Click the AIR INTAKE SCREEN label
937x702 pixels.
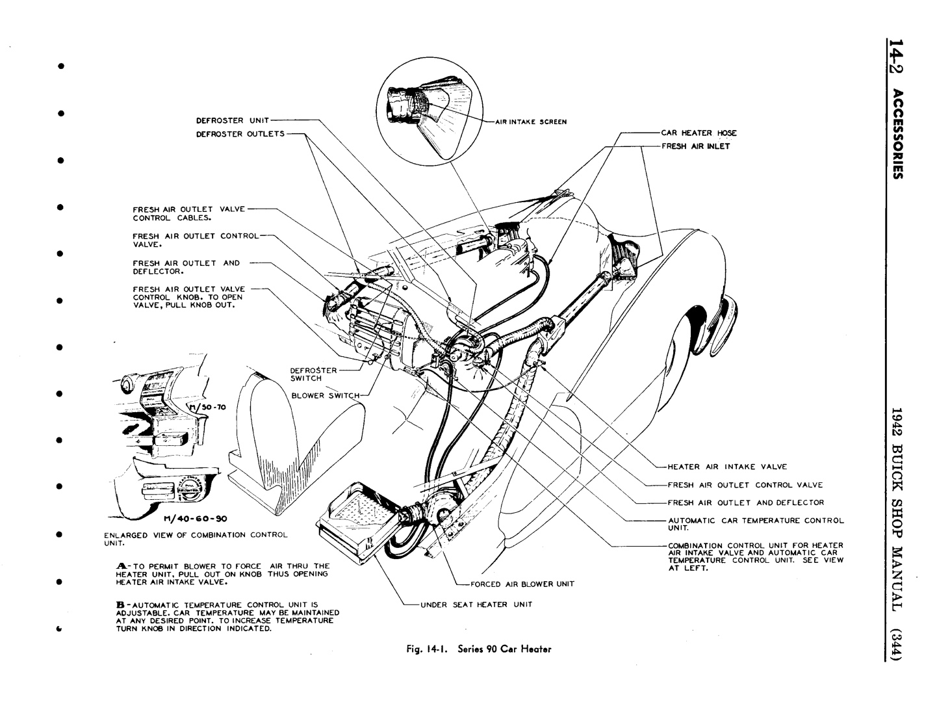pos(531,122)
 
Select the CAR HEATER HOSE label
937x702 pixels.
pos(699,133)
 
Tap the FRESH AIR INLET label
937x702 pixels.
pos(695,146)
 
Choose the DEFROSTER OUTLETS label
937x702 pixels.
pos(240,134)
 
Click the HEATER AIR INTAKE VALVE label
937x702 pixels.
pos(727,467)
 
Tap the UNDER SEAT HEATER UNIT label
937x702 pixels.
pos(476,604)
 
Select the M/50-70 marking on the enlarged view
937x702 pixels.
pos(206,408)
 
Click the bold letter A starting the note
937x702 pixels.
pos(121,566)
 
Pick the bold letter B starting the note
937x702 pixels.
pos(120,604)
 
